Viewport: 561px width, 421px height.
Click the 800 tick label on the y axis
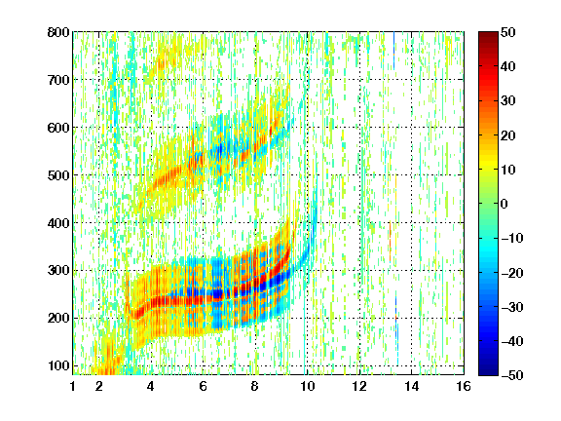tap(58, 32)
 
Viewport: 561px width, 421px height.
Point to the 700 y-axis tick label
tap(58, 80)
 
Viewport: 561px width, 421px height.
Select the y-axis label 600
tap(58, 128)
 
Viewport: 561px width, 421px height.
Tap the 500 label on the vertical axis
tap(58, 175)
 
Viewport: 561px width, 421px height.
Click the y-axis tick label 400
tap(58, 223)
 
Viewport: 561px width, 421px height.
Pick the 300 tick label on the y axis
tap(58, 270)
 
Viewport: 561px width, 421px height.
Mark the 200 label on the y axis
tap(58, 318)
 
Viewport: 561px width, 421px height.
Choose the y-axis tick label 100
tap(58, 365)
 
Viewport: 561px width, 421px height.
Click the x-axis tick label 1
tap(73, 386)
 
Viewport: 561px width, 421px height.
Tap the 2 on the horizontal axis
tap(99, 386)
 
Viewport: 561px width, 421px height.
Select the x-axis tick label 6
tap(204, 386)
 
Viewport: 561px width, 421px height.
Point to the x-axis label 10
tap(307, 386)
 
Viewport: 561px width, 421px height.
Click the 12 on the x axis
tap(359, 386)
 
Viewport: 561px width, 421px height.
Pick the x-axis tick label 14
tap(411, 386)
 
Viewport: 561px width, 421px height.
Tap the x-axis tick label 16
tap(464, 386)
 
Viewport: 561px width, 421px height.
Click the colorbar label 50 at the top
tap(507, 32)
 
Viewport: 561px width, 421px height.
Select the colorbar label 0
tap(505, 204)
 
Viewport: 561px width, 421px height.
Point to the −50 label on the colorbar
tap(512, 375)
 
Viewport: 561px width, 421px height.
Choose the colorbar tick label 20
tap(507, 135)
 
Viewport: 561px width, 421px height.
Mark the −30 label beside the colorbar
tap(512, 307)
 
